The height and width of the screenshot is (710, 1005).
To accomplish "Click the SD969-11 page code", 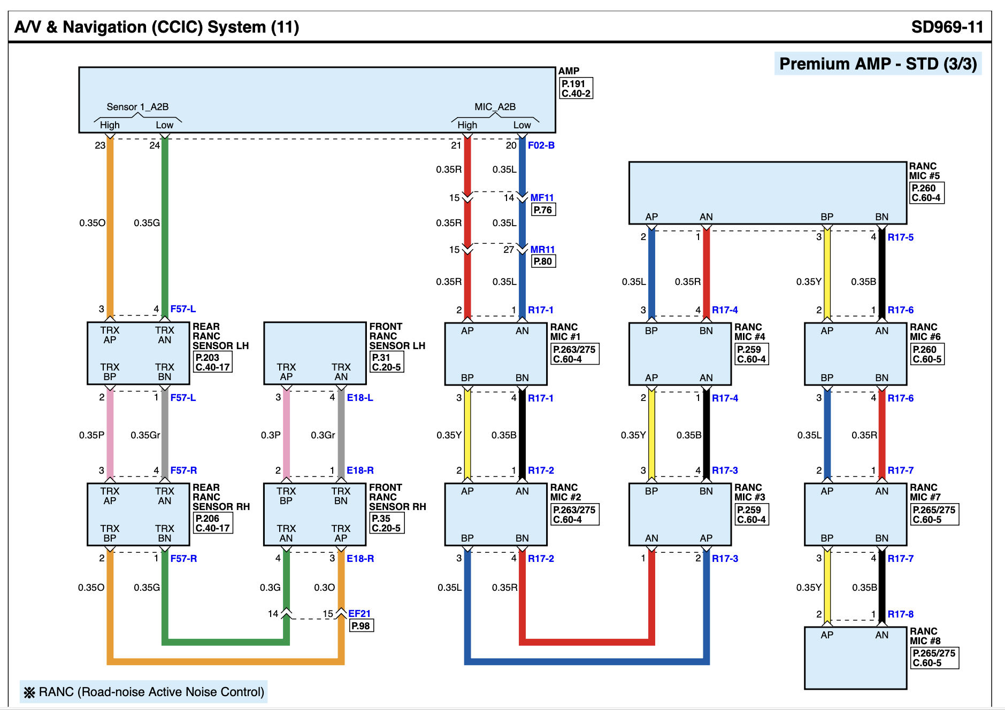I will coord(947,27).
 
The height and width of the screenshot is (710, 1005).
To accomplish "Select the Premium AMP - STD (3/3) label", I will coord(878,64).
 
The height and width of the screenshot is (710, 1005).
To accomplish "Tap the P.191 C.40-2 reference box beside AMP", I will coord(576,88).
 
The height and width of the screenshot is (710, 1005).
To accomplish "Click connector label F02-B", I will coord(541,145).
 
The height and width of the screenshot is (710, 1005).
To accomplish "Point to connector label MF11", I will coord(542,197).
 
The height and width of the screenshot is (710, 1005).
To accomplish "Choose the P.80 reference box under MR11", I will coord(542,261).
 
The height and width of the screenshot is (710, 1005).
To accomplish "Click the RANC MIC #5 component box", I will coord(767,192).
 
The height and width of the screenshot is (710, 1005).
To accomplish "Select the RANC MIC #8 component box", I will coord(855,658).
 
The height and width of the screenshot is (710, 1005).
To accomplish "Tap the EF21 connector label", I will coord(359,613).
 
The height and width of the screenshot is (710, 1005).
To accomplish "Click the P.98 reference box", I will coord(360,626).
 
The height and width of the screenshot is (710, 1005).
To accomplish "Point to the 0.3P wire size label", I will coord(270,435).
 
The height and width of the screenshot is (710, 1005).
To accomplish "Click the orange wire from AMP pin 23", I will coord(110,225).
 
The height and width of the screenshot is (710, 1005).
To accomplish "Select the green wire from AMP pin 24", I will coord(165,225).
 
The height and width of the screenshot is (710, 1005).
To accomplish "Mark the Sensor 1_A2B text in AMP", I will coord(137,107).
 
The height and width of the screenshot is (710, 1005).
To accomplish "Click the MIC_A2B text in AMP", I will coord(495,107).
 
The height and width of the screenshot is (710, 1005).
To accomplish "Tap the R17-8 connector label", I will coord(900,614).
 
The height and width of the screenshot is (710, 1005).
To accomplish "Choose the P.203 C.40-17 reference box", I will coord(212,362).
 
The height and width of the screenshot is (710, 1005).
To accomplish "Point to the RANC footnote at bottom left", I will coord(144,692).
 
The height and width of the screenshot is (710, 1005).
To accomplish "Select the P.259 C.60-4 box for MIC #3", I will coord(751,514).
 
